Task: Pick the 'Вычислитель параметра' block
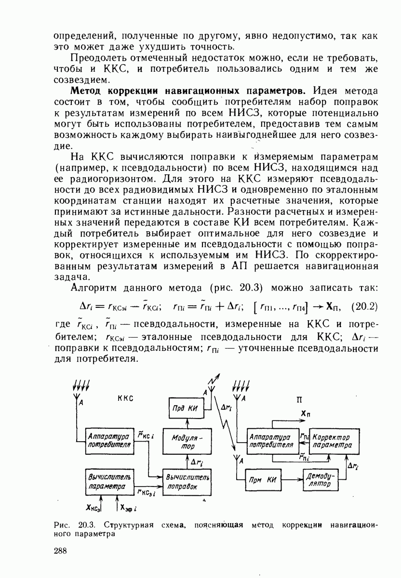109,481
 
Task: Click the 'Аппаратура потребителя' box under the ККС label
109,440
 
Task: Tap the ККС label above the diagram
124,398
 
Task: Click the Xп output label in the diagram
305,414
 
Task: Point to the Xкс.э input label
93,508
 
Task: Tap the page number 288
60,552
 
